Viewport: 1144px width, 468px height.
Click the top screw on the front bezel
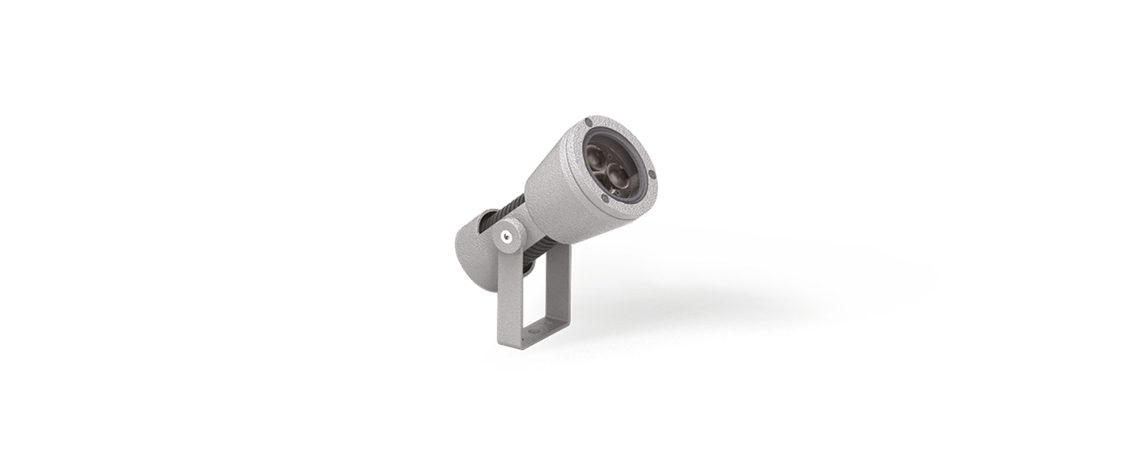click(x=588, y=122)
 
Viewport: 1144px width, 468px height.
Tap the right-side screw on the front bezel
click(x=652, y=173)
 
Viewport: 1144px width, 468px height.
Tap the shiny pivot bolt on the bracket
click(x=506, y=236)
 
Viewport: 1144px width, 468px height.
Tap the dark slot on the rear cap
click(x=488, y=219)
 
